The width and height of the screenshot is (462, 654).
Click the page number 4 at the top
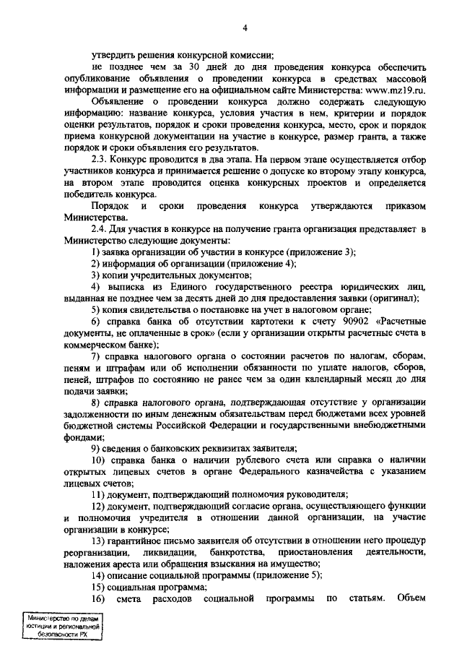tap(245, 28)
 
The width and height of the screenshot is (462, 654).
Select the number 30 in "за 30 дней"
tap(194, 66)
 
